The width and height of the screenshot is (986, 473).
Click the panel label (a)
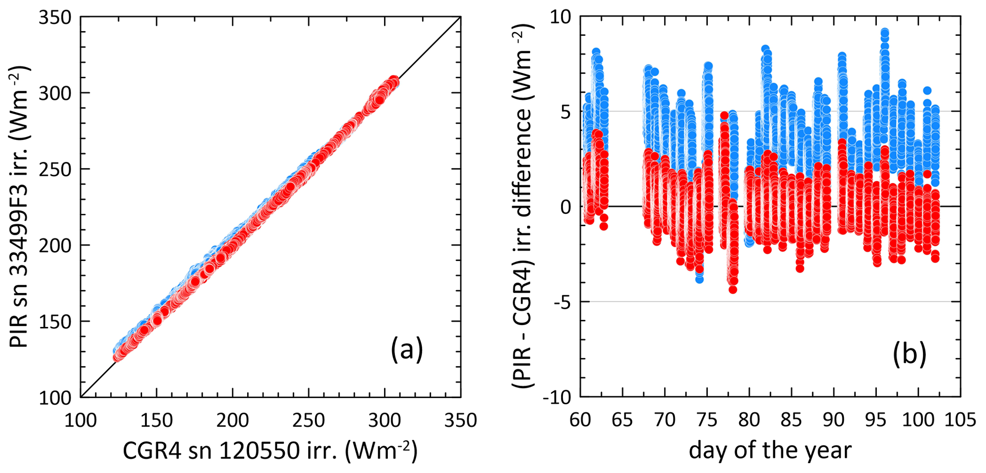click(406, 351)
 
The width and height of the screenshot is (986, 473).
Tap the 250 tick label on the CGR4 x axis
click(309, 420)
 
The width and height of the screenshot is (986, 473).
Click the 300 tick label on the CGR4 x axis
click(385, 420)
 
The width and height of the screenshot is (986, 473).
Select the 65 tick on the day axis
click(623, 420)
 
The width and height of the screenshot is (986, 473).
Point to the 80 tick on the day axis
click(749, 420)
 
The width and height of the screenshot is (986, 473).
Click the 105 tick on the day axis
click(960, 420)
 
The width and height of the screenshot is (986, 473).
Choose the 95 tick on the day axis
click(876, 420)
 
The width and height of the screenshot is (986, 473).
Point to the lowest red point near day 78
click(733, 289)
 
